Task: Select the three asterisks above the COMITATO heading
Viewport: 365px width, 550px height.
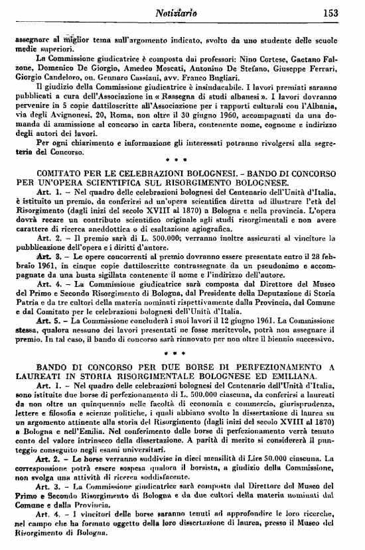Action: pos(181,160)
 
